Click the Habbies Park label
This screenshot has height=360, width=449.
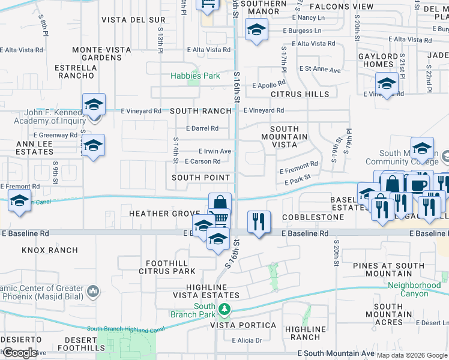[195, 76]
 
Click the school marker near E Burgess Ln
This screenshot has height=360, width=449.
[256, 29]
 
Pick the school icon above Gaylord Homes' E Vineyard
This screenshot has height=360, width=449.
[387, 83]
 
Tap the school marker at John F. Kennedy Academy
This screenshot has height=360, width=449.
[94, 105]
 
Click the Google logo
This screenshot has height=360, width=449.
[19, 353]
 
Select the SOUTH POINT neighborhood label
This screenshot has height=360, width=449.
[200, 178]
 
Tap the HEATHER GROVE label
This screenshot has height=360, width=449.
[164, 214]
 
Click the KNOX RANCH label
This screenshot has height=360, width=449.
[50, 250]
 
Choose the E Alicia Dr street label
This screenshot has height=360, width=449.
[247, 341]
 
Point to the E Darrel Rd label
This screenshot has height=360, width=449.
[202, 128]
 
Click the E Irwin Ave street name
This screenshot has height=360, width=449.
[215, 151]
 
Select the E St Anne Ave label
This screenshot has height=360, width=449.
[319, 70]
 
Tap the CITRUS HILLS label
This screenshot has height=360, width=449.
[300, 94]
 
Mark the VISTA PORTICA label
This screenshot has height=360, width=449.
[243, 326]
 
